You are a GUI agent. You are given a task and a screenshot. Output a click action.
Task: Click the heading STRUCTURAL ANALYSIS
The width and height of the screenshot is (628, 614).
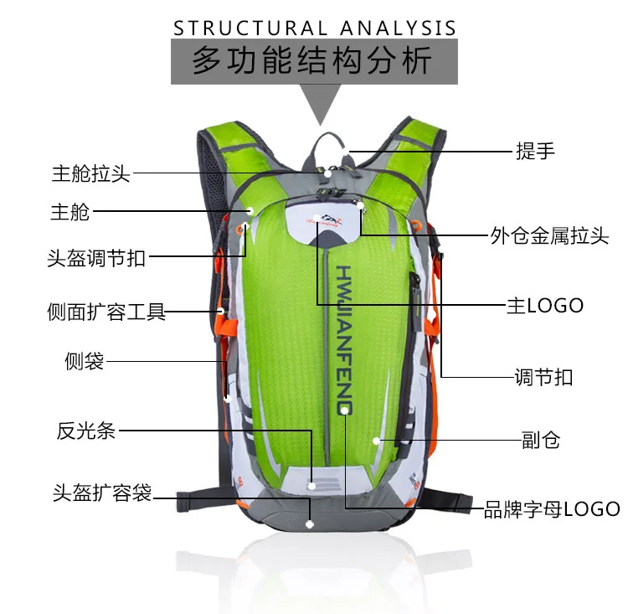pos(315,27)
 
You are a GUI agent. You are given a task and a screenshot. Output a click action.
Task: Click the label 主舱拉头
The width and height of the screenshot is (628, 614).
pos(91,174)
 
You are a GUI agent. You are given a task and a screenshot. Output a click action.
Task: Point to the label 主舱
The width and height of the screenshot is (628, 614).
pos(69,212)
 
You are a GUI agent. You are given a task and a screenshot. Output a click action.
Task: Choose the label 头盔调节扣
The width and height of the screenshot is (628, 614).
pos(96,258)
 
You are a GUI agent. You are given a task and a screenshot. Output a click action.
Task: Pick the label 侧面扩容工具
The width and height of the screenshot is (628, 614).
pos(106,313)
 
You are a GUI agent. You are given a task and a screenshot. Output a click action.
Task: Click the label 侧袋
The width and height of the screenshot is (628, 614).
pos(84,361)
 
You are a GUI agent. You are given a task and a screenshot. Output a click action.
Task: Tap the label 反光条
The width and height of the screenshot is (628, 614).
pos(86,431)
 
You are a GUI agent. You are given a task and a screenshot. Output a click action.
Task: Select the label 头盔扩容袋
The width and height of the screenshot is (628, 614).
pos(101,493)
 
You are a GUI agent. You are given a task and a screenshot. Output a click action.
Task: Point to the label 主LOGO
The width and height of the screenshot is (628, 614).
pos(544,305)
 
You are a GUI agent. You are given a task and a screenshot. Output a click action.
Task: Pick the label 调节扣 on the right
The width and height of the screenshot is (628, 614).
pos(543,377)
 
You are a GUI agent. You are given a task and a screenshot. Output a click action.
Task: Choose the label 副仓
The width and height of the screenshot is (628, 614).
pos(540,440)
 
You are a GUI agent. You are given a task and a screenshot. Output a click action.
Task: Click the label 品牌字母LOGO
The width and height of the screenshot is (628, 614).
pos(552,508)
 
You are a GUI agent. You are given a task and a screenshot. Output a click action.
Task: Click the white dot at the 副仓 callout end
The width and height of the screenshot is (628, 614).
pos(378,439)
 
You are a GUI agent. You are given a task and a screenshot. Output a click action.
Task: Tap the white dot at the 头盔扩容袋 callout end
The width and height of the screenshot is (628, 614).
pos(310,524)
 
